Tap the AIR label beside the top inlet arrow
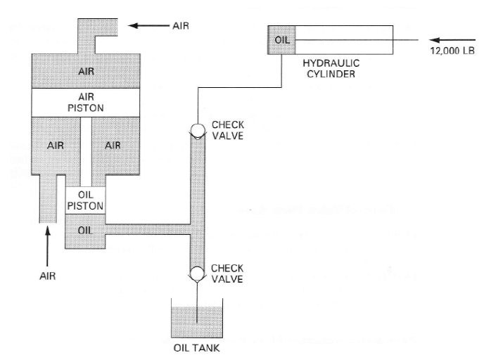181,26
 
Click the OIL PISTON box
85,200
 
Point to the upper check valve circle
198,130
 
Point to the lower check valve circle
198,273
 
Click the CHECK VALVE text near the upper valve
227,130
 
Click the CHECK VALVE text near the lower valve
227,273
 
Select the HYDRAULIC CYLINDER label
331,67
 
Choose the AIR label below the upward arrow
47,276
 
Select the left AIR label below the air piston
56,145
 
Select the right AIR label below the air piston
113,145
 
